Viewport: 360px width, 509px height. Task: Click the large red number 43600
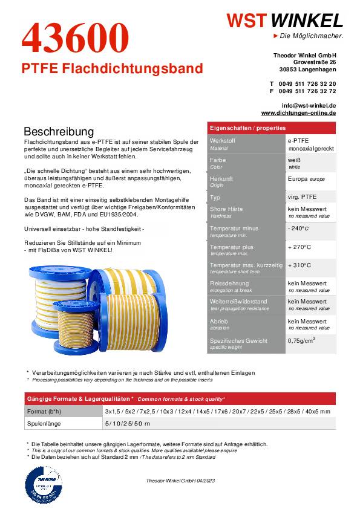point(75,35)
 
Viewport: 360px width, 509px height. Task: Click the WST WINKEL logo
point(284,22)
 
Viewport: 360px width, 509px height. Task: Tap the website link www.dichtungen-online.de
point(298,113)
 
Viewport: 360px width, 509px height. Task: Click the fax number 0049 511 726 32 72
point(307,91)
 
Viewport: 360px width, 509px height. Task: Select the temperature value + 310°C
point(299,265)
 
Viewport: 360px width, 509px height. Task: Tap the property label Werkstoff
point(222,140)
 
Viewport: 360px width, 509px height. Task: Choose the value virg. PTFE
point(302,197)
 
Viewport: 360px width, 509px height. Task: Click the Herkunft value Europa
point(298,179)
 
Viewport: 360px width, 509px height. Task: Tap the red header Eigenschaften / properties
point(247,128)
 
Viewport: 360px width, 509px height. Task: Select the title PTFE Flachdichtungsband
point(113,68)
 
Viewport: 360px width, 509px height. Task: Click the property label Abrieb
point(219,321)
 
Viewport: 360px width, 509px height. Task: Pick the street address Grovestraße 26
point(315,62)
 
